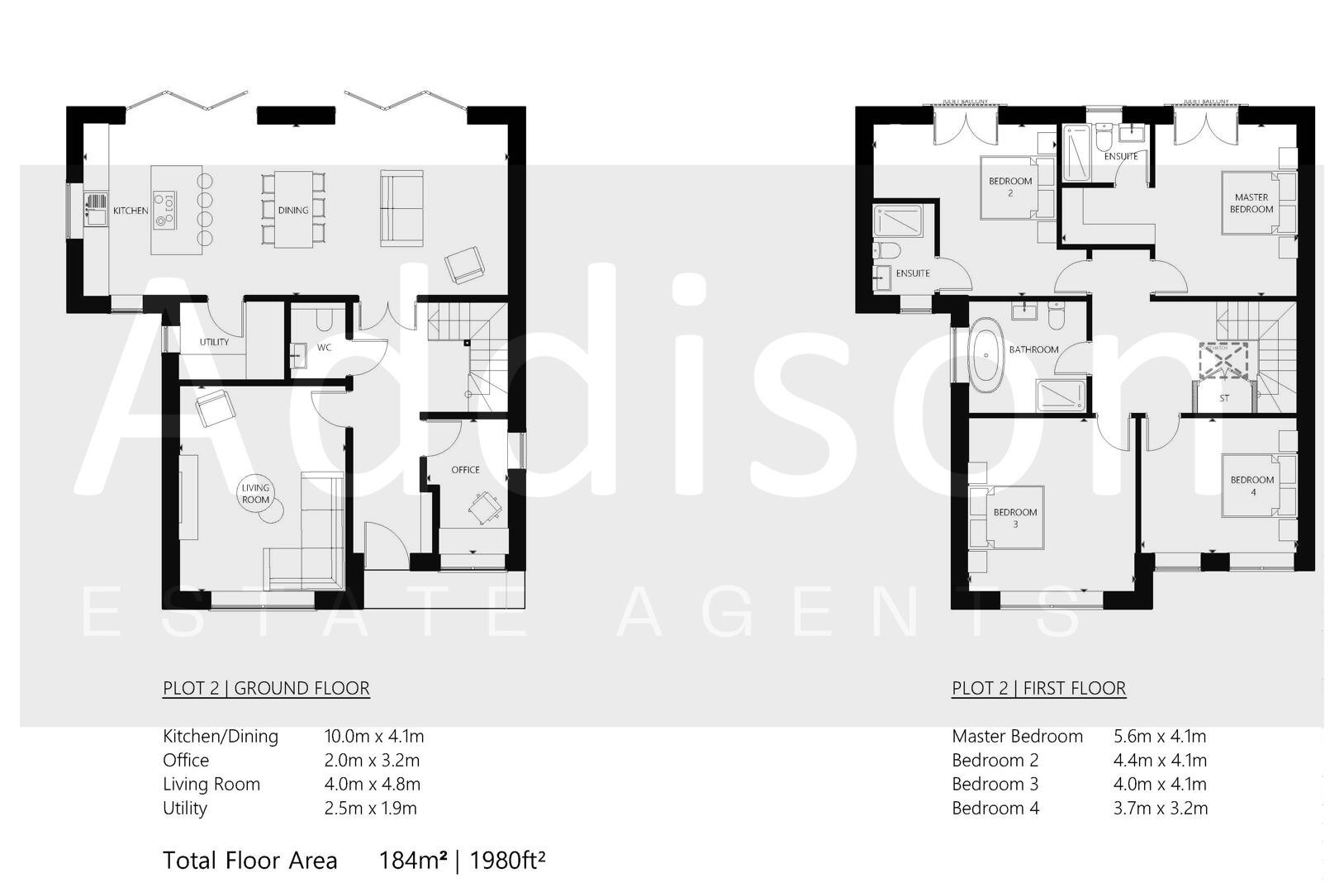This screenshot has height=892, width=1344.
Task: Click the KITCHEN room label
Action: click(131, 211)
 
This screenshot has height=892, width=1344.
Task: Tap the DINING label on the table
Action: click(292, 211)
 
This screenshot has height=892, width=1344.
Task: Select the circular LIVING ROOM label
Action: click(255, 494)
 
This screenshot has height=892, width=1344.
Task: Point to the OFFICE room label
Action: click(465, 470)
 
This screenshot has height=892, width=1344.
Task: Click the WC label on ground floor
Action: click(325, 348)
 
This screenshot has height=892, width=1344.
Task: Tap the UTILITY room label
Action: click(214, 343)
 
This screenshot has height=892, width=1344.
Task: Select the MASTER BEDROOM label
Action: click(1251, 203)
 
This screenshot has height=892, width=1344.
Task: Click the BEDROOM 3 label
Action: click(1014, 518)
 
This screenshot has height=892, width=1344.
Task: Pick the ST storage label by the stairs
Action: click(1224, 398)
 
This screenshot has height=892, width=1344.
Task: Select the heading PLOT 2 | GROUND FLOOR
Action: click(266, 688)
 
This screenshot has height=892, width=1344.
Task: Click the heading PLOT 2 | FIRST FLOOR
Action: click(1038, 688)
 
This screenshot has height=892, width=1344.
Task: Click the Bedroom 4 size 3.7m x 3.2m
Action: click(1160, 808)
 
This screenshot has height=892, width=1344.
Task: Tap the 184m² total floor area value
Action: click(412, 861)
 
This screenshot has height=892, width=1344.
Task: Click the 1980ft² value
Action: click(507, 861)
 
